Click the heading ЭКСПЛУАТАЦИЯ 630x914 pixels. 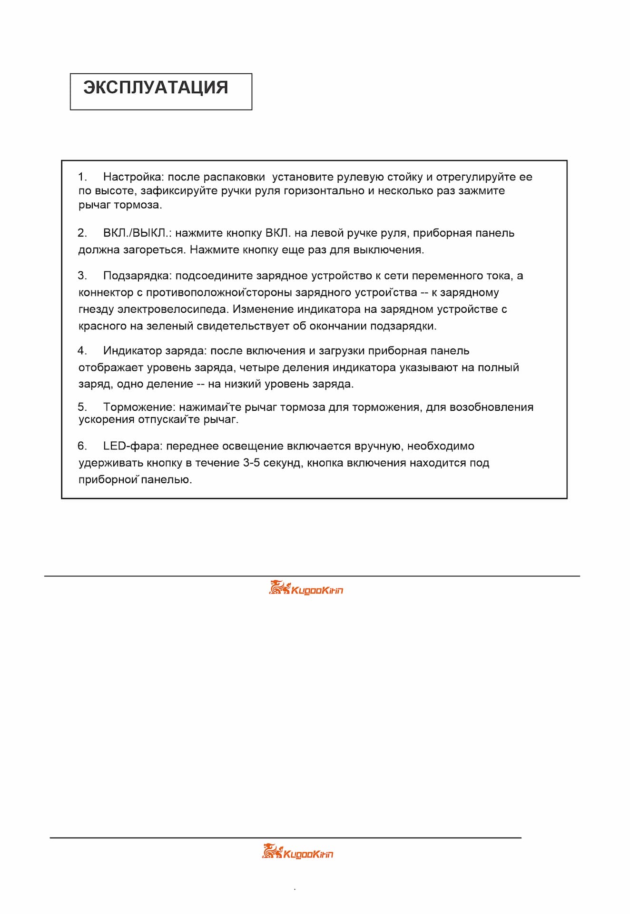(156, 88)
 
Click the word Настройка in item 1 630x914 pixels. (133, 177)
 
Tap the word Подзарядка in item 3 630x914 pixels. (137, 276)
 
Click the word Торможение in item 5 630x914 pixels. (139, 407)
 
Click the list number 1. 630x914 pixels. (82, 177)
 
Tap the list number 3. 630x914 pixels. (82, 276)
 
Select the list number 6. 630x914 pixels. (82, 446)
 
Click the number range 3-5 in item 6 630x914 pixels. (251, 463)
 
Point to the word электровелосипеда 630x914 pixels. (172, 309)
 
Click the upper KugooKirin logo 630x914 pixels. (306, 588)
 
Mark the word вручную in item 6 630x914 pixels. (378, 446)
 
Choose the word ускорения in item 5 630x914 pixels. (107, 419)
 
